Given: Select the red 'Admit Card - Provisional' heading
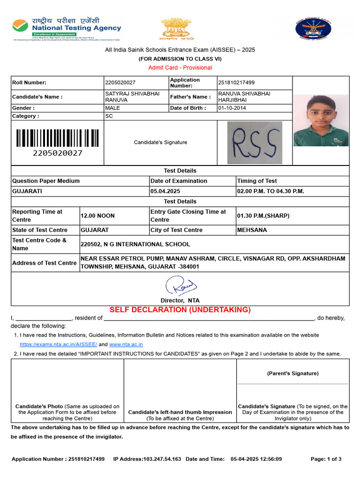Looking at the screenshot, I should click(180, 67).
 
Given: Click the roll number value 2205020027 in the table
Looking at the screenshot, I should click(120, 82).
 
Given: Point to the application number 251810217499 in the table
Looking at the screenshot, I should click(237, 82).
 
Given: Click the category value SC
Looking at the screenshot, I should click(109, 116).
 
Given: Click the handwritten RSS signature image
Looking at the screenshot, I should click(255, 142).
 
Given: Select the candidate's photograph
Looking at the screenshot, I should click(321, 120).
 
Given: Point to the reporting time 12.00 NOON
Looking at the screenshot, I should click(97, 216).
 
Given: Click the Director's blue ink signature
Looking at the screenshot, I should click(180, 286).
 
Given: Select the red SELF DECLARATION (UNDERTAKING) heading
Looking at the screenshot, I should click(180, 310).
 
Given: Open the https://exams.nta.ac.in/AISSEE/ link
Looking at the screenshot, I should click(58, 344).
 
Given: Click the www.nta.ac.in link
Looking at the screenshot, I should click(126, 344).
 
